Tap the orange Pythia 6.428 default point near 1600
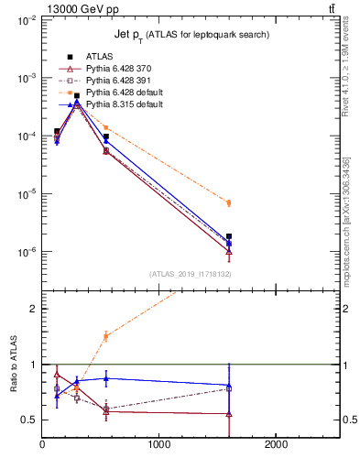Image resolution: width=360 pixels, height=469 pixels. (229, 202)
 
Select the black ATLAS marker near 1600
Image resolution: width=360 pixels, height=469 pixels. (229, 236)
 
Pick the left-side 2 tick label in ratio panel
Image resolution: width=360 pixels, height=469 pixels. (31, 309)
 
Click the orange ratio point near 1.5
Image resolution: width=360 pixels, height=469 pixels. (106, 336)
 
